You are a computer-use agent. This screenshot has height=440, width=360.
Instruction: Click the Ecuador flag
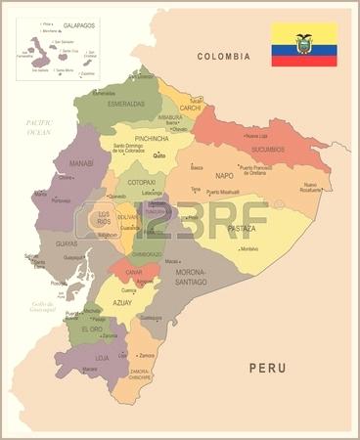pyautogui.click(x=303, y=44)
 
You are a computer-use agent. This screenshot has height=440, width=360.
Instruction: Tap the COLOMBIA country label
pyautogui.click(x=224, y=57)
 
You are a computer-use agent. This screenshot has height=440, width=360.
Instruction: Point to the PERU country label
pyautogui.click(x=268, y=369)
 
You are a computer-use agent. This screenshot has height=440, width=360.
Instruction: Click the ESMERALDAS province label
pyautogui.click(x=125, y=104)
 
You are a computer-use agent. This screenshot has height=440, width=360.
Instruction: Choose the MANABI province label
pyautogui.click(x=81, y=163)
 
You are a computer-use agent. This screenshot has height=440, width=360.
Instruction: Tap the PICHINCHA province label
pyautogui.click(x=154, y=140)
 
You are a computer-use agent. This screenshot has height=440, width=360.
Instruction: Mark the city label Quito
pyautogui.click(x=159, y=155)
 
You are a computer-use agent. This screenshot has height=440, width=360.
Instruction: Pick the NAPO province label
pyautogui.click(x=225, y=176)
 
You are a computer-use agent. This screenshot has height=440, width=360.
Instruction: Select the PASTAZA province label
pyautogui.click(x=241, y=228)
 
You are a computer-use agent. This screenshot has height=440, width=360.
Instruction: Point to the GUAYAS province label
pyautogui.click(x=67, y=242)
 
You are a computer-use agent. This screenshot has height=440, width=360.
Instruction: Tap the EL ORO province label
pyautogui.click(x=91, y=329)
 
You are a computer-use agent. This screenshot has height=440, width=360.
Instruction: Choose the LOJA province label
pyautogui.click(x=101, y=358)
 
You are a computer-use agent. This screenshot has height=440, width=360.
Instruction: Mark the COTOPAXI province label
pyautogui.click(x=141, y=182)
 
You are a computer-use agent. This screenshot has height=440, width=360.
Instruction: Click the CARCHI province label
pyautogui.click(x=189, y=109)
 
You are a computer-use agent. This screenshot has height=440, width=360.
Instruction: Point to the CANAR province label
pyautogui.click(x=134, y=271)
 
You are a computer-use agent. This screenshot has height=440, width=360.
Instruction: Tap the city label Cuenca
pyautogui.click(x=128, y=290)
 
